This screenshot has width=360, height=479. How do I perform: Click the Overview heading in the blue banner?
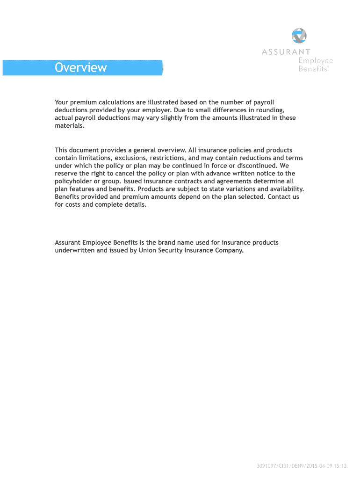click(x=80, y=68)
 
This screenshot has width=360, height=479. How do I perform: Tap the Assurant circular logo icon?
click(x=299, y=36)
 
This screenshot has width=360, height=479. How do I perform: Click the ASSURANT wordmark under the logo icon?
click(x=286, y=52)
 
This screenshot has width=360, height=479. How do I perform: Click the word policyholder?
click(x=76, y=181)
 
